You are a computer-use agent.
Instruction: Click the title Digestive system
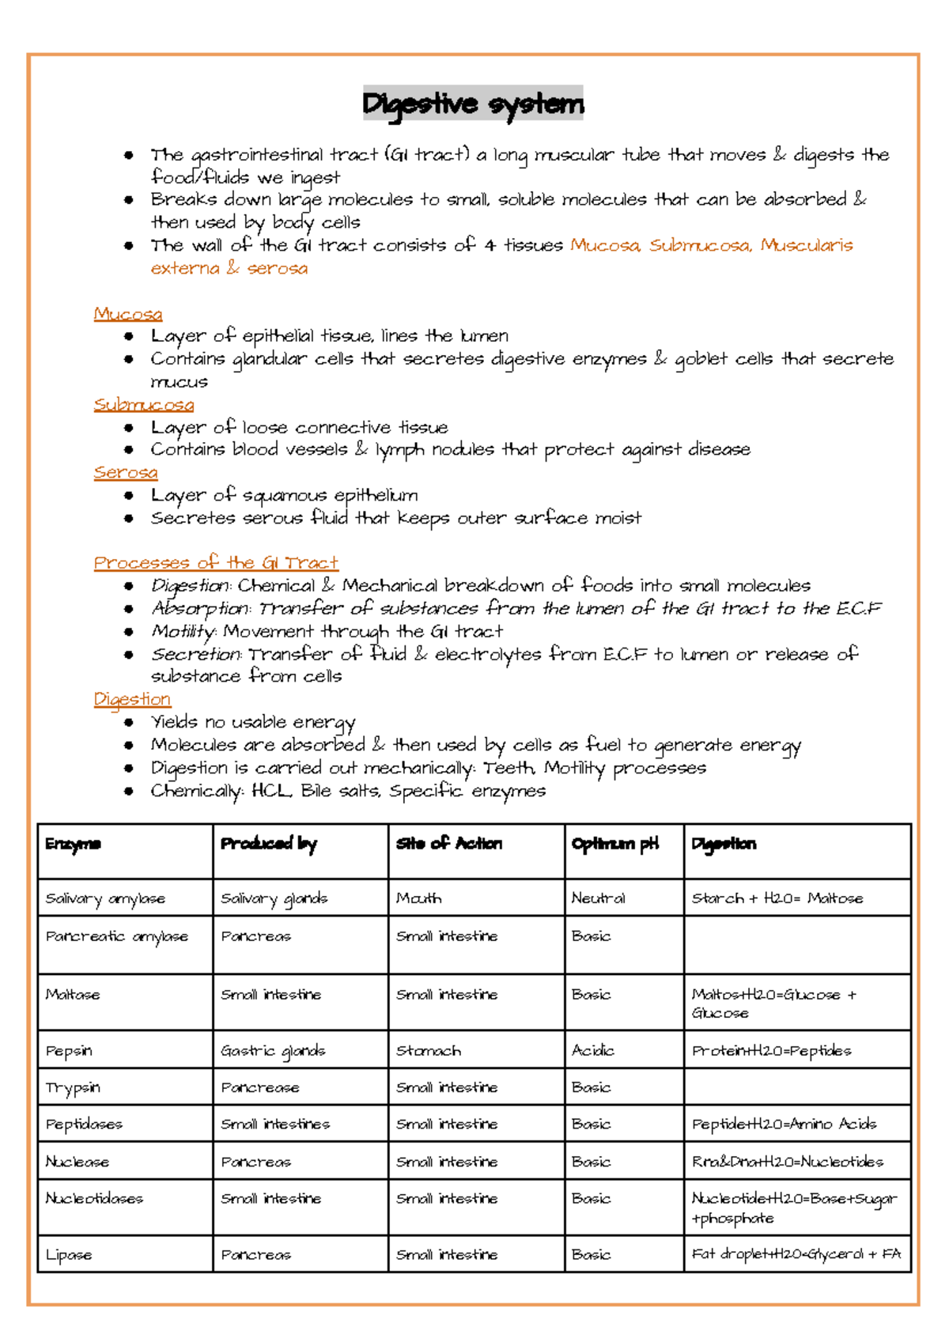[473, 104]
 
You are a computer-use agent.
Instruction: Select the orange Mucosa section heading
[127, 314]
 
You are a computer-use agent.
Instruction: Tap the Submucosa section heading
[143, 405]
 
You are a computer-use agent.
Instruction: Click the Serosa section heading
[125, 473]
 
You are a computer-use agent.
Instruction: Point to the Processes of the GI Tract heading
[215, 563]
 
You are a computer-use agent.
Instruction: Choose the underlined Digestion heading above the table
[131, 700]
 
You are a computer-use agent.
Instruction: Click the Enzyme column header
[73, 844]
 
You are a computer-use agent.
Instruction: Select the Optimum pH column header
[614, 844]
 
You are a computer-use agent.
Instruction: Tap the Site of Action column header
[448, 844]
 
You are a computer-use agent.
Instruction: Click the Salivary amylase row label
[105, 898]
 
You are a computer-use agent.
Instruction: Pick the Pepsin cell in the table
[69, 1051]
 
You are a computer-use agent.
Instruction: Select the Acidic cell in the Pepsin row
[592, 1050]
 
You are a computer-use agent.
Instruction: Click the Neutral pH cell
[598, 898]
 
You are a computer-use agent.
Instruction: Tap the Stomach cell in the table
[428, 1051]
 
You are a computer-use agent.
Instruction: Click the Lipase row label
[69, 1255]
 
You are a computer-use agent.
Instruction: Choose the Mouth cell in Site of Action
[418, 898]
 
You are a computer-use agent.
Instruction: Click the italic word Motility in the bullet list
[183, 632]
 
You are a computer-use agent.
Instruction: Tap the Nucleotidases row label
[94, 1199]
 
